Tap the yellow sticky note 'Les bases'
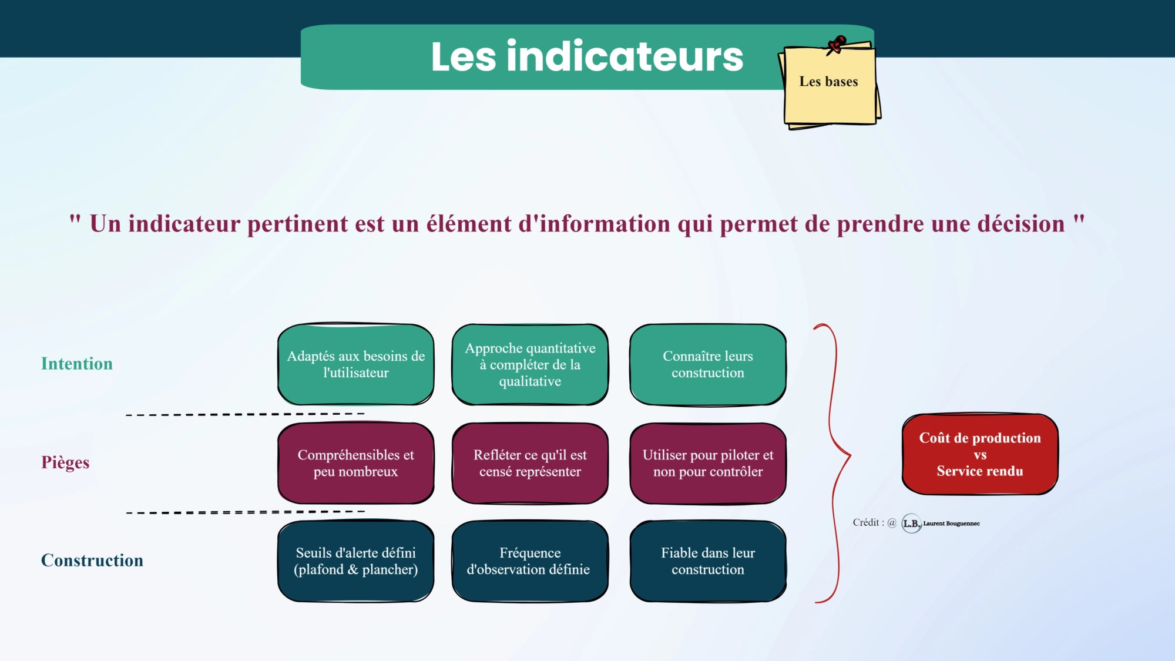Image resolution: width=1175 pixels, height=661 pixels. click(x=830, y=85)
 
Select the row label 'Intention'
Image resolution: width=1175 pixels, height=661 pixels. click(x=77, y=364)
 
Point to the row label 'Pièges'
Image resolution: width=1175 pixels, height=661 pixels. click(x=65, y=462)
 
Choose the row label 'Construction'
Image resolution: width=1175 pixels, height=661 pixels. click(x=92, y=561)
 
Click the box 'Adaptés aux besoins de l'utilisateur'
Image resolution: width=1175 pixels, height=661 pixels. click(x=356, y=364)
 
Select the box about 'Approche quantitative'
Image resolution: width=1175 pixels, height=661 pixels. click(x=530, y=364)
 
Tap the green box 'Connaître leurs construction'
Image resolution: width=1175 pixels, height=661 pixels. click(x=708, y=364)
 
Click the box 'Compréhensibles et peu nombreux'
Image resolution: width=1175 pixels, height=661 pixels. click(x=356, y=463)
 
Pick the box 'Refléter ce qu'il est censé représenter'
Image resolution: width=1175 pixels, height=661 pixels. click(x=530, y=463)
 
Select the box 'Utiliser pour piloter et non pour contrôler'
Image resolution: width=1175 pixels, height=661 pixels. click(x=708, y=463)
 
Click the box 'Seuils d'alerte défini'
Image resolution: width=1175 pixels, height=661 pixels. click(x=356, y=561)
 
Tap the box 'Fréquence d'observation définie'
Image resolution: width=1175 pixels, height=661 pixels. click(x=530, y=561)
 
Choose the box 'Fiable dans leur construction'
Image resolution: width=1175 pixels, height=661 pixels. click(x=708, y=561)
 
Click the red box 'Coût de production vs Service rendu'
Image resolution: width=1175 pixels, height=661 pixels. click(x=980, y=454)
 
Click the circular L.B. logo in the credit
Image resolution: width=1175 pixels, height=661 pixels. click(x=911, y=524)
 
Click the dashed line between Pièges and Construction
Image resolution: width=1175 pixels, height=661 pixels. click(x=246, y=512)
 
